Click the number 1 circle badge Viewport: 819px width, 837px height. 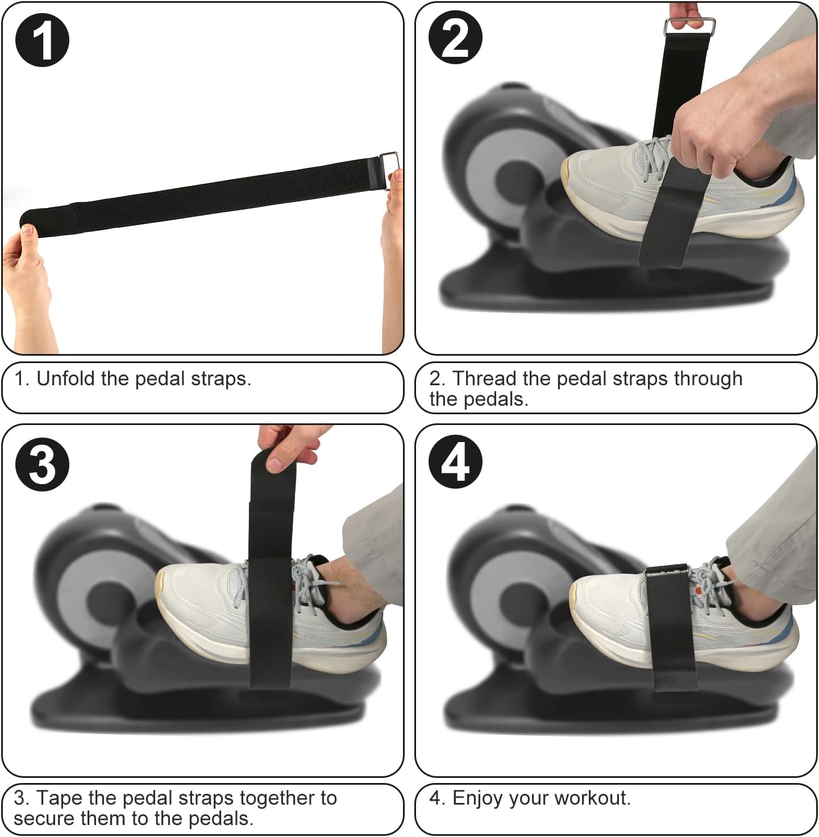click(x=42, y=40)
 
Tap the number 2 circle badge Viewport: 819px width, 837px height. click(x=455, y=38)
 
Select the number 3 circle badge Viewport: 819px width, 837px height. click(x=42, y=464)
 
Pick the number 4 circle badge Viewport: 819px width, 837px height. click(x=455, y=461)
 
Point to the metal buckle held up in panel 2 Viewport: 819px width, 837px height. click(x=689, y=27)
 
